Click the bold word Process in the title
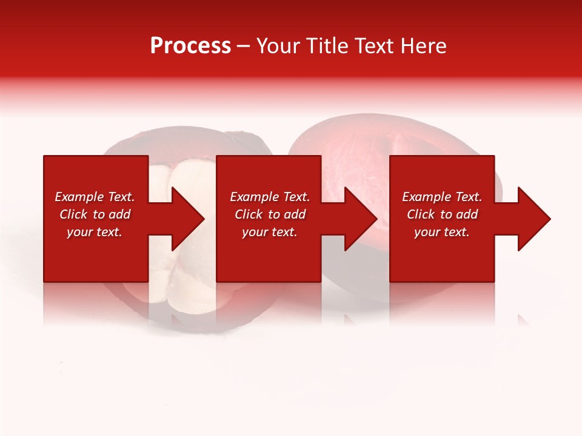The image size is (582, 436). click(x=190, y=45)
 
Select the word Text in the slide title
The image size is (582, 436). click(x=376, y=45)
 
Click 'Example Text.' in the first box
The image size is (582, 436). click(x=95, y=197)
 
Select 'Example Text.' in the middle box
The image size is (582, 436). click(x=269, y=197)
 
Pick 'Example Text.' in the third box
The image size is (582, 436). click(x=442, y=197)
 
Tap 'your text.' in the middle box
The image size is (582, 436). click(x=269, y=232)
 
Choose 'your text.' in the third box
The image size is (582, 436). click(x=442, y=232)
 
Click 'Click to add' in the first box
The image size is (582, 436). click(x=95, y=214)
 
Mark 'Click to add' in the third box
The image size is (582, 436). click(x=442, y=214)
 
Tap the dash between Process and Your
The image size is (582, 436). click(x=244, y=46)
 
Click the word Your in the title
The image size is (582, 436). click(x=277, y=45)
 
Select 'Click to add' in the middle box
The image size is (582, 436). click(x=269, y=214)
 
